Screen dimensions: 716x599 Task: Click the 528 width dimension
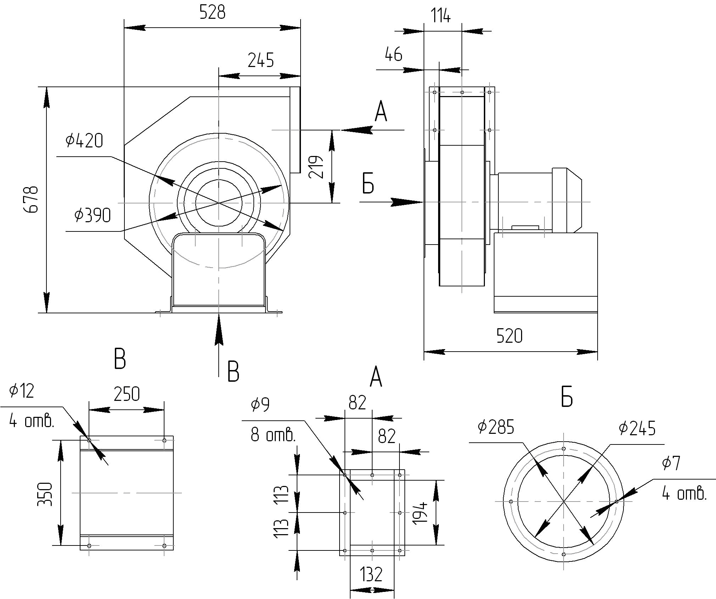[x=212, y=12]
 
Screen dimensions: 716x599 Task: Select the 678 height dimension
[x=31, y=199]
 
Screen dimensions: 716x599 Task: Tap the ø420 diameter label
[x=84, y=140]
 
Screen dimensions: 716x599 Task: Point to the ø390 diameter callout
[x=93, y=215]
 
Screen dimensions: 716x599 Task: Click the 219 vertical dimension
[x=316, y=167]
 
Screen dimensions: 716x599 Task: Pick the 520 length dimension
[x=509, y=336]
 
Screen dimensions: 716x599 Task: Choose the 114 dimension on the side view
[x=441, y=16]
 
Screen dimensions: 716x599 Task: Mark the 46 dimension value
[x=393, y=54]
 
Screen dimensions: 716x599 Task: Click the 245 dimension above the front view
[x=261, y=60]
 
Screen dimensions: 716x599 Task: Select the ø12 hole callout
[x=22, y=391]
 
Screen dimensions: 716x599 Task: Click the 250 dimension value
[x=127, y=394]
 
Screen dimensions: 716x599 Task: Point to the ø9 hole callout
[x=260, y=404]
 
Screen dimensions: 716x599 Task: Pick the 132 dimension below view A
[x=371, y=575]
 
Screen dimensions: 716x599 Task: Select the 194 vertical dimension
[x=420, y=513]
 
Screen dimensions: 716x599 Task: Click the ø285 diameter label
[x=496, y=427]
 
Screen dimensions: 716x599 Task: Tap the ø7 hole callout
[x=671, y=463]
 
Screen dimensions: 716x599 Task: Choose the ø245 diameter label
[x=637, y=429]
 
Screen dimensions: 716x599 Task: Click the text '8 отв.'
[x=273, y=435]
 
